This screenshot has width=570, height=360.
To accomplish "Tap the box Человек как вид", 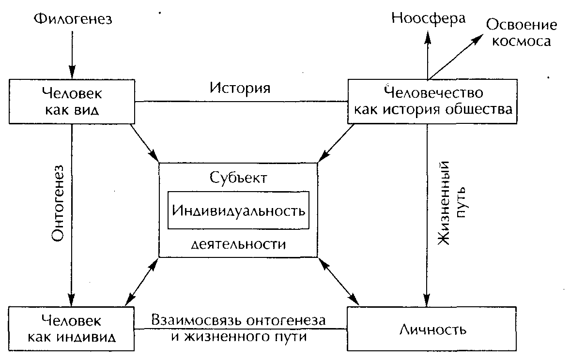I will click(72, 101).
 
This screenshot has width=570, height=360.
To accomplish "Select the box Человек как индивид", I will click(72, 328).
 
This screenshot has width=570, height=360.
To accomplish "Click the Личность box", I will click(432, 330).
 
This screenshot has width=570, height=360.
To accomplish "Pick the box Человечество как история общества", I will click(433, 101).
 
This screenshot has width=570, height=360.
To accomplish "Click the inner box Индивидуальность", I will click(239, 210).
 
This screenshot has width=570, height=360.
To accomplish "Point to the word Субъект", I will click(238, 178).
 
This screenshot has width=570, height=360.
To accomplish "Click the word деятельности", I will click(239, 244).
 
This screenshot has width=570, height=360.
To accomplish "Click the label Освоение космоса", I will click(521, 32).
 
